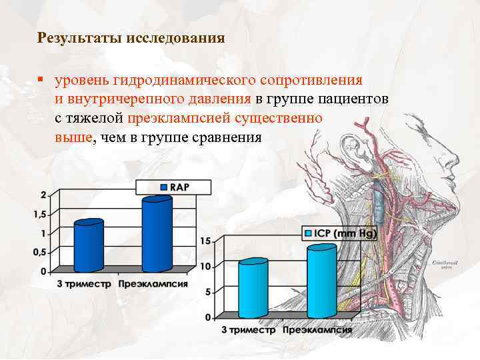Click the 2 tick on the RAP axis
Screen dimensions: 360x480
click(x=43, y=195)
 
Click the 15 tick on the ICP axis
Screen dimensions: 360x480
click(x=205, y=241)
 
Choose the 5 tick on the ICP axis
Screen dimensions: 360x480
click(x=208, y=292)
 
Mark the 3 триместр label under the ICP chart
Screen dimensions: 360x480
click(x=248, y=330)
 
